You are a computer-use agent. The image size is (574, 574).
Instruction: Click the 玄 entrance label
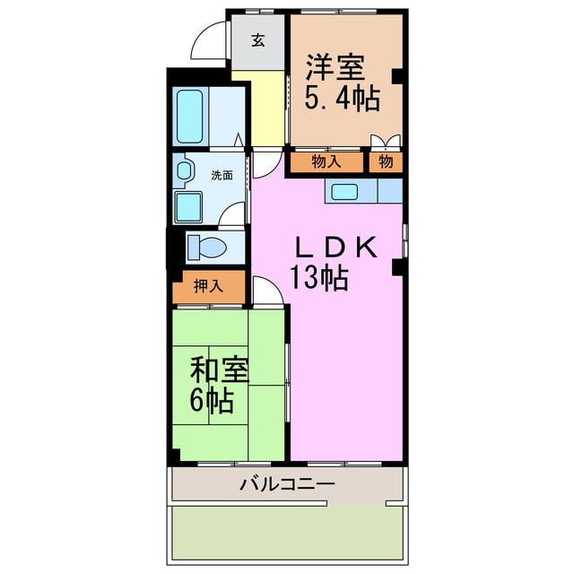tap(258, 40)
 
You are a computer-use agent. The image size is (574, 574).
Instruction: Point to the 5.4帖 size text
tap(342, 96)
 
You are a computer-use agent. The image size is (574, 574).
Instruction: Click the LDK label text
tap(335, 248)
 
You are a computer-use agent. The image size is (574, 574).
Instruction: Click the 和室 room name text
tap(220, 370)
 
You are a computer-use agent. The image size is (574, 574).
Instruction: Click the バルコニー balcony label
tap(287, 485)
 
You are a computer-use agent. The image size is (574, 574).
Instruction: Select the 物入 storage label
tap(326, 162)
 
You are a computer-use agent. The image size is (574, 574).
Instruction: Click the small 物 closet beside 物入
tap(385, 162)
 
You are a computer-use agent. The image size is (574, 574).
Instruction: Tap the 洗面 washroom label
tap(222, 176)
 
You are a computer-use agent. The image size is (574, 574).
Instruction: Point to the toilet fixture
tap(206, 245)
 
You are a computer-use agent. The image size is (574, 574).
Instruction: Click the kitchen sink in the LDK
tap(344, 191)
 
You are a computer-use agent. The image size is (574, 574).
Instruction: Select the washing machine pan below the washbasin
tap(190, 205)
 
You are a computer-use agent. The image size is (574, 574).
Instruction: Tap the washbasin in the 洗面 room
tap(183, 170)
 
